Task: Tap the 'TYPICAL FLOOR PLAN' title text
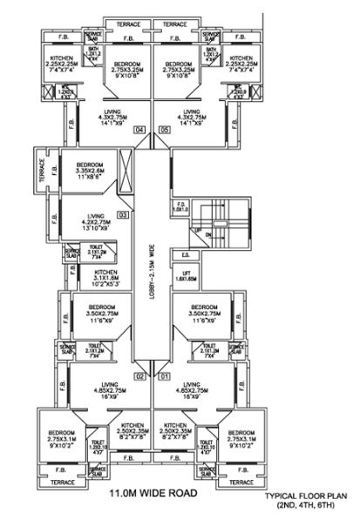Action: point(307,495)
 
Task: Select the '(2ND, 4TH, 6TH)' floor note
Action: point(307,505)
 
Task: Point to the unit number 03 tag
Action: point(123,214)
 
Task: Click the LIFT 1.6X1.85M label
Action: point(186,278)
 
